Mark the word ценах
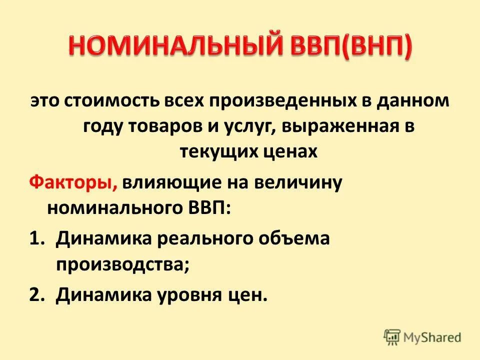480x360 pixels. click(x=290, y=151)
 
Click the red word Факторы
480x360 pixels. click(x=72, y=183)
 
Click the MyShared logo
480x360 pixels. click(x=423, y=336)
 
